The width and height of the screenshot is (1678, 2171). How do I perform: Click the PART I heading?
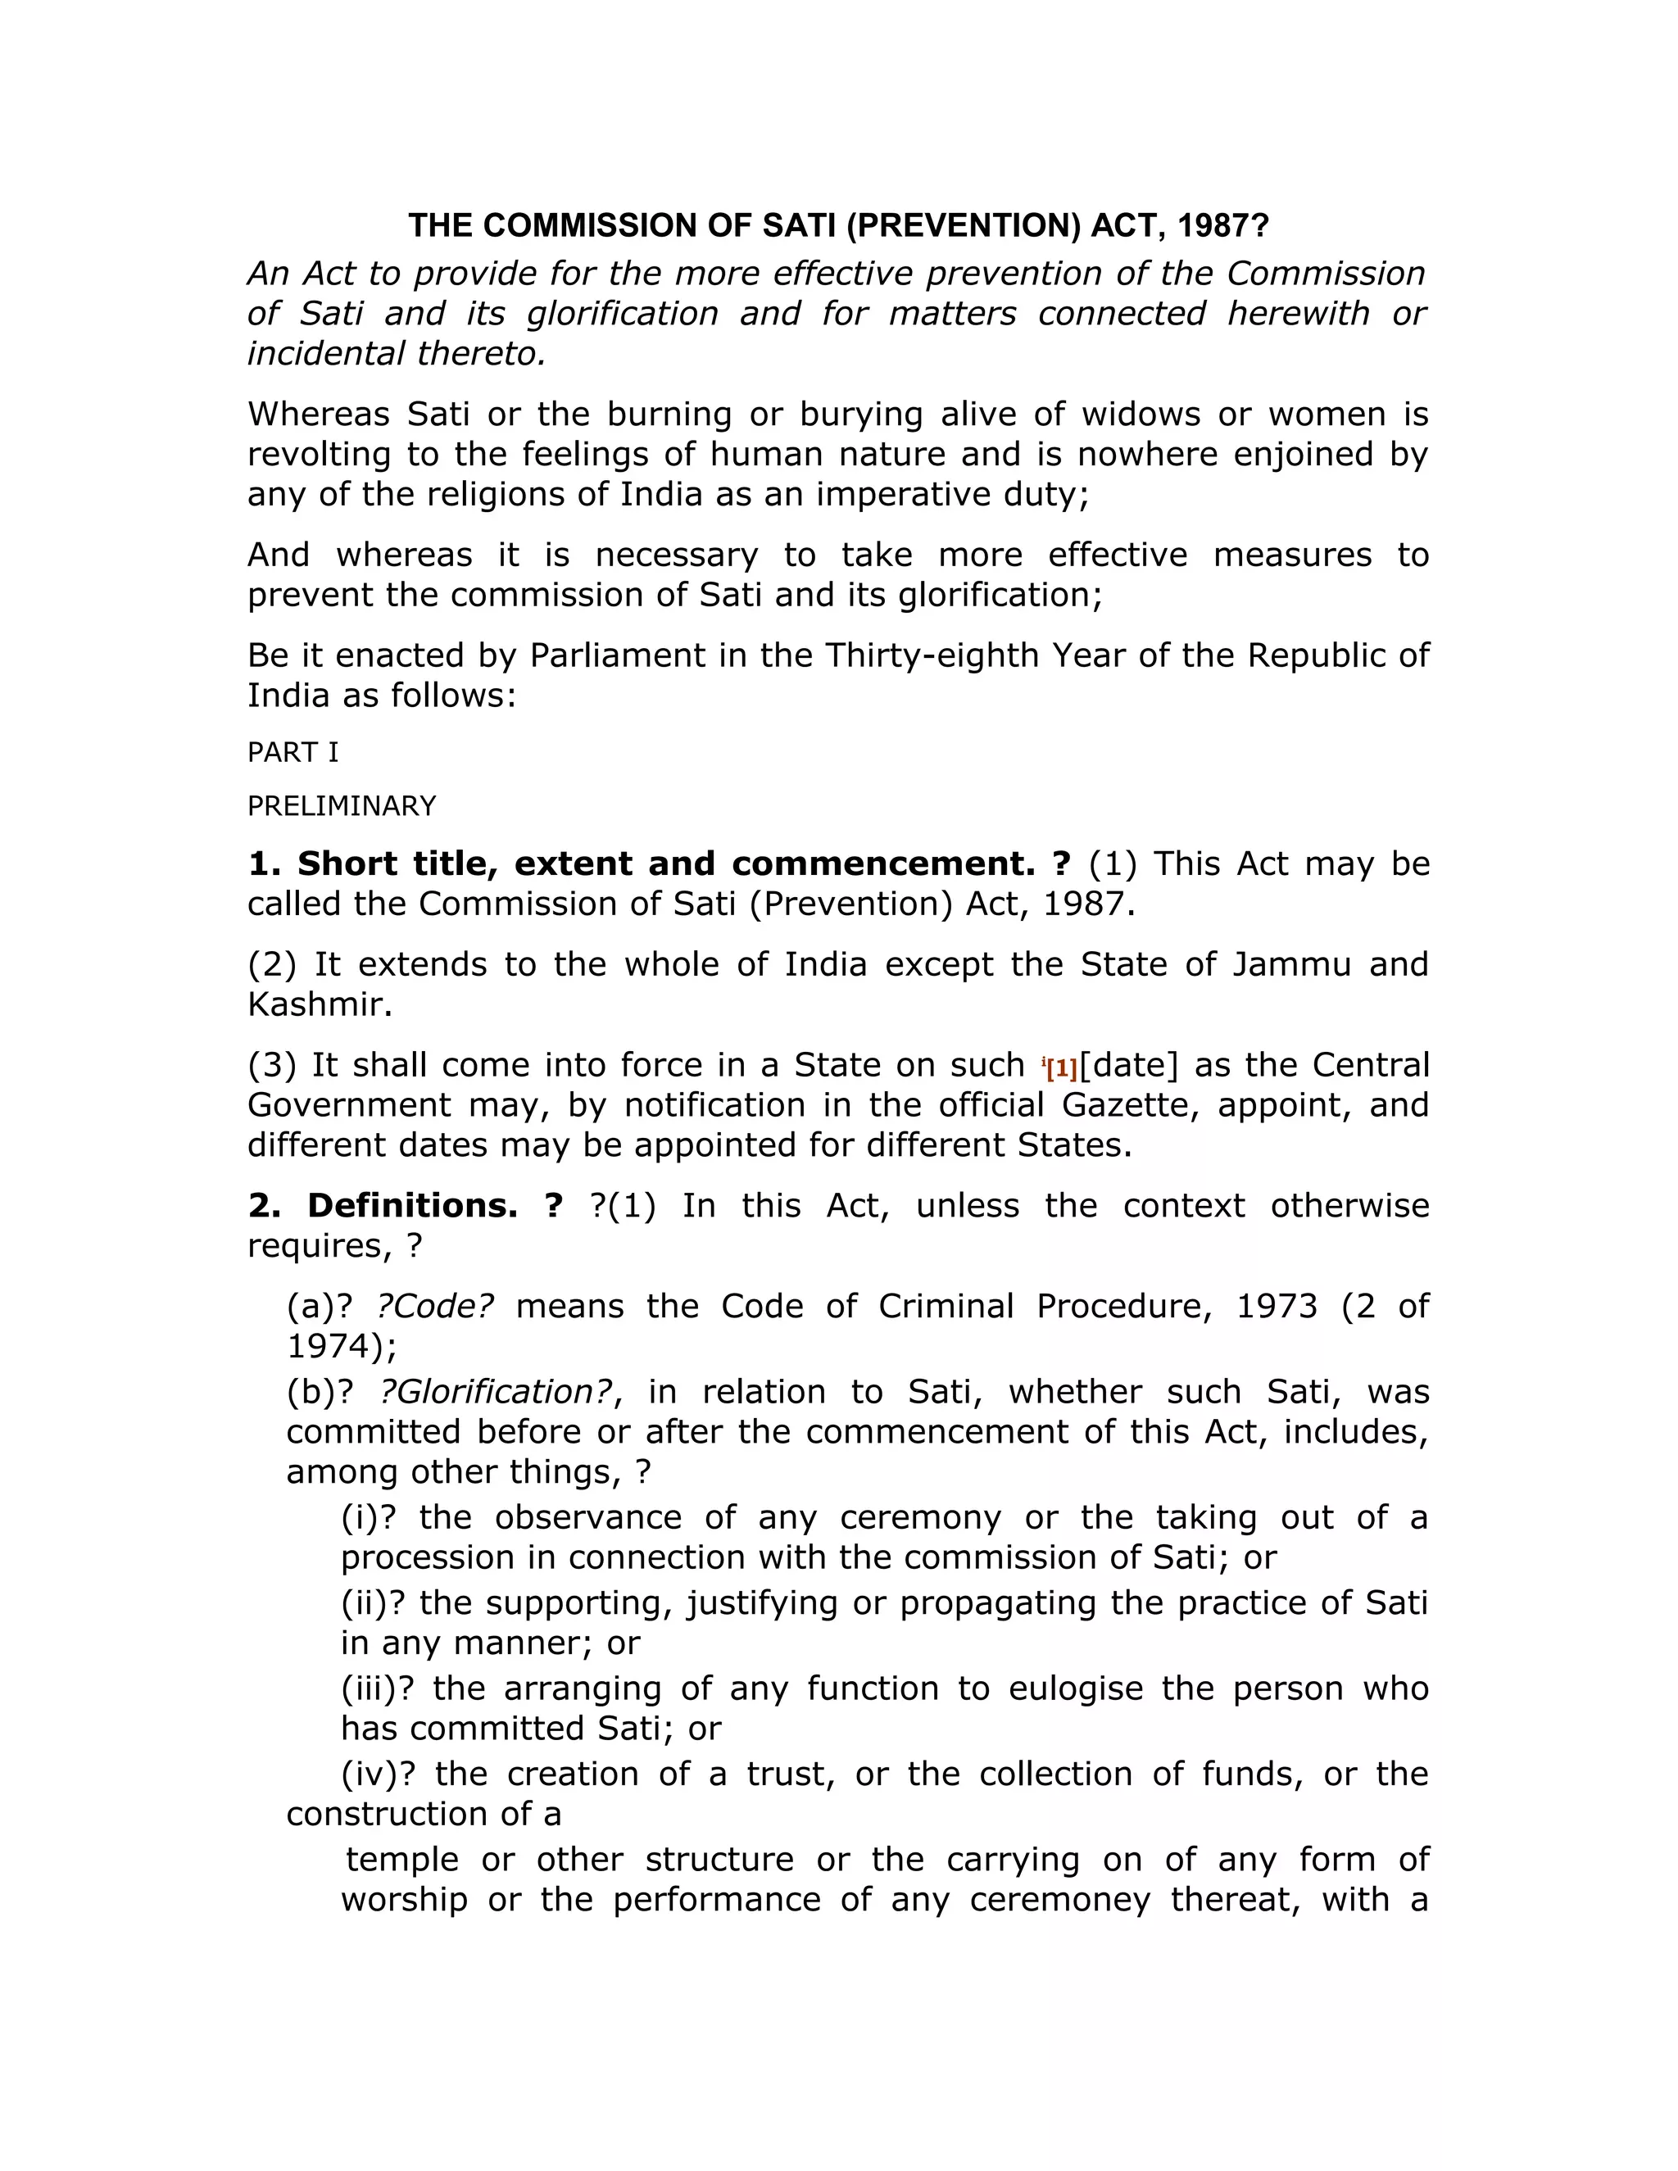293,753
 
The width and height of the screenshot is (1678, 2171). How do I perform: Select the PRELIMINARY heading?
341,806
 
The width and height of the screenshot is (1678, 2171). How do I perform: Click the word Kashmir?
319,1004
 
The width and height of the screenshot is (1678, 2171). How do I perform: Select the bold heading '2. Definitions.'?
383,1206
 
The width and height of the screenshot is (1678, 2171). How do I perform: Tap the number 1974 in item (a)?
334,1346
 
